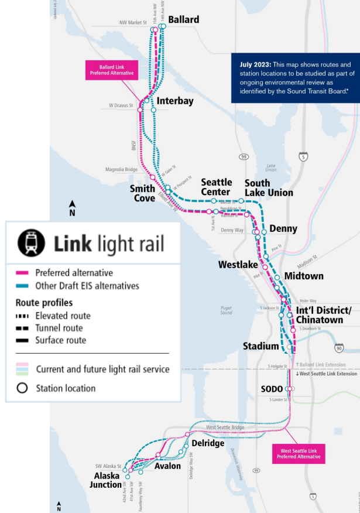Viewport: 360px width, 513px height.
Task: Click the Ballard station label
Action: pos(183,20)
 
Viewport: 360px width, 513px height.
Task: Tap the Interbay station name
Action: pos(175,101)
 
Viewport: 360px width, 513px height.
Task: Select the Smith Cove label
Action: pos(143,193)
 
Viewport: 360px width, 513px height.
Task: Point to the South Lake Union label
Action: pos(269,188)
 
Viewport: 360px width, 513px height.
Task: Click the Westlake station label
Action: pos(238,265)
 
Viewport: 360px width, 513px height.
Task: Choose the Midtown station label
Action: pos(303,276)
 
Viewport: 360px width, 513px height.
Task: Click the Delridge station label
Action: pos(208,443)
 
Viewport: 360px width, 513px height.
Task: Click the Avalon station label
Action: pos(167,466)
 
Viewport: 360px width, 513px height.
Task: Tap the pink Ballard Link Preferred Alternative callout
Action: pos(111,70)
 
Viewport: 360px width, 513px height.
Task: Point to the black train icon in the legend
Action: pos(31,243)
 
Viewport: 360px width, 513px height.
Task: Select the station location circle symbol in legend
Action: pos(22,388)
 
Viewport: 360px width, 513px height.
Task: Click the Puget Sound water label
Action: pos(227,310)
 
